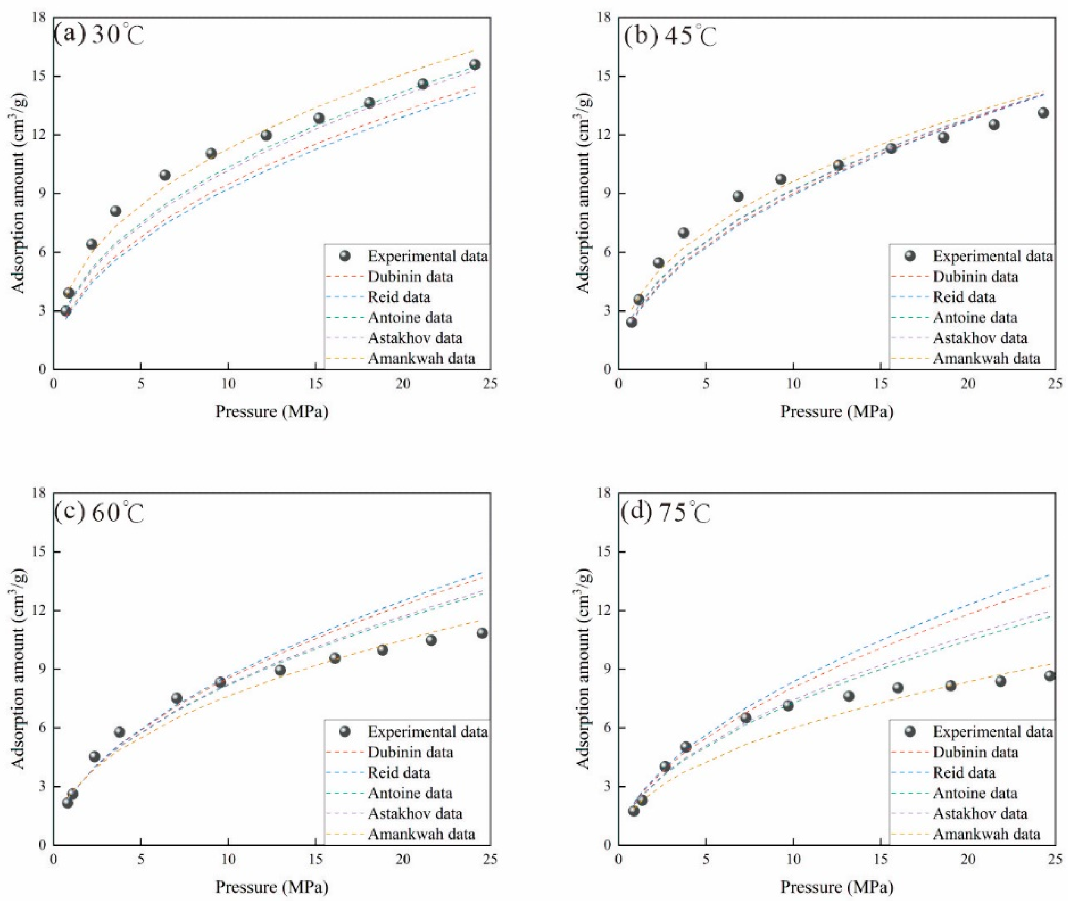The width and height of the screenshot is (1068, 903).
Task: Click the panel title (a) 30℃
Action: click(99, 36)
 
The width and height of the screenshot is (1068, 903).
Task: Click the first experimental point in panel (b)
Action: click(632, 322)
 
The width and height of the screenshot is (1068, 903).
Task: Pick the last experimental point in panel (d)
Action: click(1050, 676)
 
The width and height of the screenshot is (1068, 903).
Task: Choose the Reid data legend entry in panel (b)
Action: click(964, 297)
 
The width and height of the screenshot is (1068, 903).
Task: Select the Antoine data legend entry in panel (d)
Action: click(975, 793)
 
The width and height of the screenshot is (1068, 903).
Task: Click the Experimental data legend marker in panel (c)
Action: click(345, 731)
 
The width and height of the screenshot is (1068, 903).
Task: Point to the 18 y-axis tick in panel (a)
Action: click(41, 18)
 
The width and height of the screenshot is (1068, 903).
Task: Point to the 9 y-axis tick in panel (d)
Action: click(609, 669)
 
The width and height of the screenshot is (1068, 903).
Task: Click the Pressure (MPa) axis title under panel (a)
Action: click(271, 411)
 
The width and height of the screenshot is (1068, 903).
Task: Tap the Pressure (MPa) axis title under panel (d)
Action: click(837, 886)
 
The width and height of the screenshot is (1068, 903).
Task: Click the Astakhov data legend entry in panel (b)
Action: click(980, 338)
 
